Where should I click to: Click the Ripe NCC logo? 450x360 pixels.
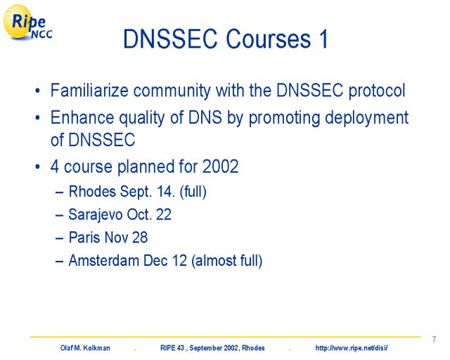(x=27, y=22)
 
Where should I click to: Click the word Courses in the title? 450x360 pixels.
(x=269, y=39)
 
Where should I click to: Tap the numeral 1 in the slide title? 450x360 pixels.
(x=323, y=39)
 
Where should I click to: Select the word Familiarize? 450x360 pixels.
(x=89, y=90)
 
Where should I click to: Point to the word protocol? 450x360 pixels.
(x=377, y=91)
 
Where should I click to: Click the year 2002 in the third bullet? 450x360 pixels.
(x=220, y=166)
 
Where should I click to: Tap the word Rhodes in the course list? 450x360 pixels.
(x=92, y=191)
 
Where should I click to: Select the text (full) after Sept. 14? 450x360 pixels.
(x=193, y=192)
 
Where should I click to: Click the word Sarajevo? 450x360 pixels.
(x=96, y=214)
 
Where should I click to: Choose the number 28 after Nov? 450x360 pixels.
(x=139, y=238)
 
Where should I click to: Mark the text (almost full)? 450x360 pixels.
(x=226, y=261)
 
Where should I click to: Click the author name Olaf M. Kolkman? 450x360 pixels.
(x=85, y=348)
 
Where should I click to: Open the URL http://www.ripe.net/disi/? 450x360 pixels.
(x=352, y=348)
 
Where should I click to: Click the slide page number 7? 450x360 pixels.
(x=434, y=340)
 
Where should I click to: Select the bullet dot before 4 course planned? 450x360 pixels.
(x=37, y=167)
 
